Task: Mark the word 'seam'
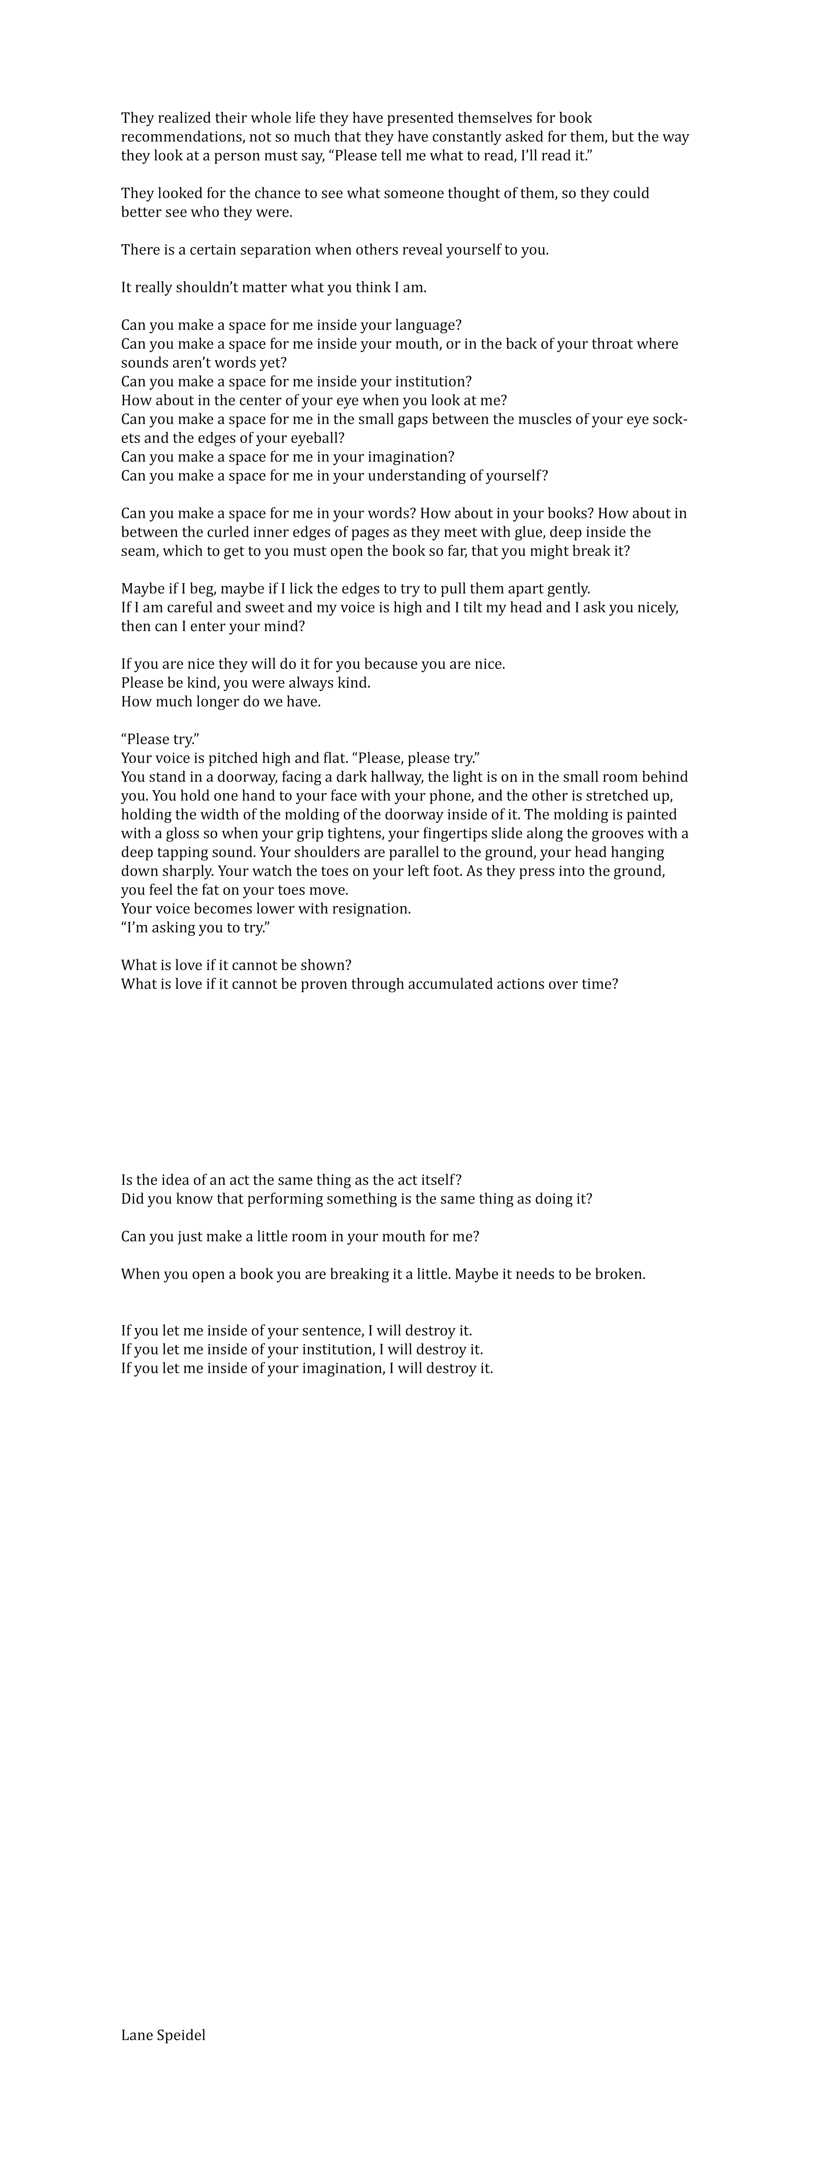137,552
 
